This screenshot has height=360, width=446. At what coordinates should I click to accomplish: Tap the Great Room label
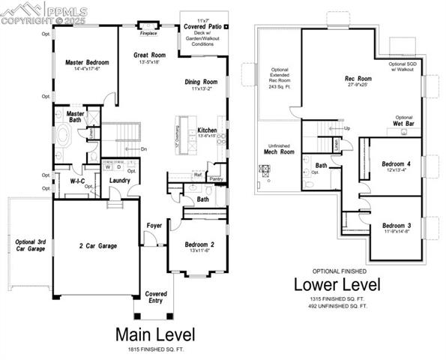[x=150, y=55]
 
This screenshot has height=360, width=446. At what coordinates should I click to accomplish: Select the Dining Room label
[x=201, y=81]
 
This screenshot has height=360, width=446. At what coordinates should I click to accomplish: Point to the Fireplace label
[x=148, y=33]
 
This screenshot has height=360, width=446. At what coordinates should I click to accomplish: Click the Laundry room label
[x=121, y=181]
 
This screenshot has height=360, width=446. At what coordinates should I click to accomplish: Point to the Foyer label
[x=154, y=225]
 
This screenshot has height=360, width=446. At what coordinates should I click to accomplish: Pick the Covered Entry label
[x=155, y=297]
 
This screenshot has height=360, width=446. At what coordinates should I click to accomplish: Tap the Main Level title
[x=155, y=334]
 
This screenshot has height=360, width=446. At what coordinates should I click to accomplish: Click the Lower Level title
[x=337, y=285]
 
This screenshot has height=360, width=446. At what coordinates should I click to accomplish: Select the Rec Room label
[x=358, y=79]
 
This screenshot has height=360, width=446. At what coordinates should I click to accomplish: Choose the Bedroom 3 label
[x=397, y=226]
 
